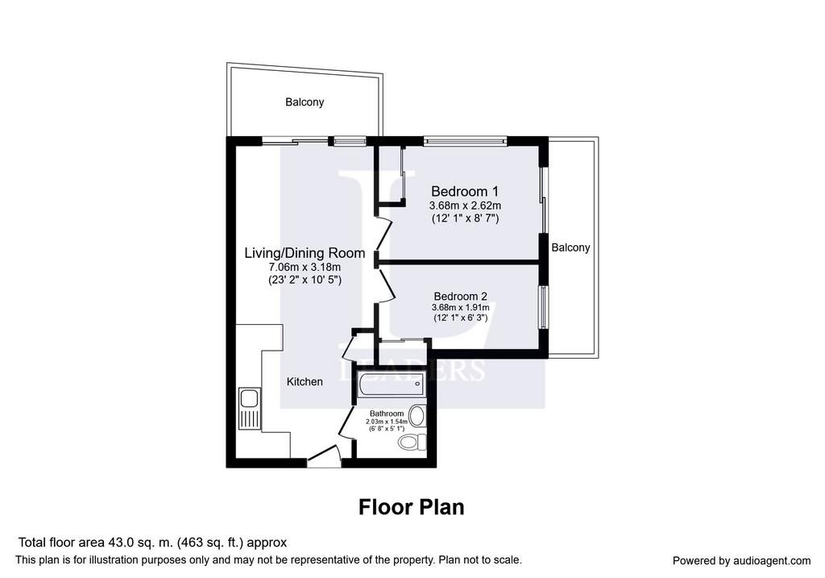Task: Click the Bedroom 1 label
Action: (465, 191)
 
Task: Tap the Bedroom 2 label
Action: (460, 297)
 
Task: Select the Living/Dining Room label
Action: (305, 253)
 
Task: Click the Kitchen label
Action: (305, 381)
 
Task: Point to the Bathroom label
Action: (387, 414)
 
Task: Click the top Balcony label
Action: (305, 102)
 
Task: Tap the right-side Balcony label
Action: (571, 247)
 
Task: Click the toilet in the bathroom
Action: (412, 442)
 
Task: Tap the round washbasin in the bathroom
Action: (417, 416)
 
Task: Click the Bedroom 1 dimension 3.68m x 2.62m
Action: (465, 206)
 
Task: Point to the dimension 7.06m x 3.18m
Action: (305, 268)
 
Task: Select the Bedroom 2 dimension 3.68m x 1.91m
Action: (460, 307)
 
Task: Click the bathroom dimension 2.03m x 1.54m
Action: (387, 422)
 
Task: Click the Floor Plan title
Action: (412, 507)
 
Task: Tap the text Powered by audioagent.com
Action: (742, 561)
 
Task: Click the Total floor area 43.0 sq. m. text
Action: (97, 543)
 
